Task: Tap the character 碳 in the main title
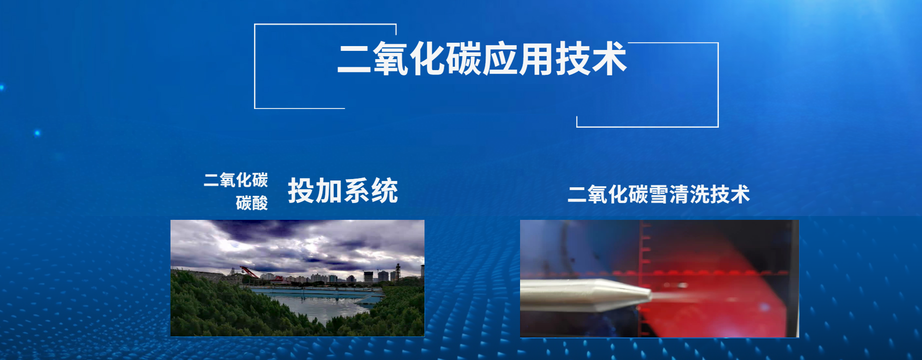(464, 59)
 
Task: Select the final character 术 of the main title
(609, 59)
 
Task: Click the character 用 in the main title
(536, 59)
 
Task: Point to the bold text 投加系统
(343, 191)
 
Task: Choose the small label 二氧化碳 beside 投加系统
(236, 180)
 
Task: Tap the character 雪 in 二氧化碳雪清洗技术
(658, 194)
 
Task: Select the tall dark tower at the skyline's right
(398, 272)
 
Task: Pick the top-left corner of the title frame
(255, 24)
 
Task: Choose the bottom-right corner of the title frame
(718, 127)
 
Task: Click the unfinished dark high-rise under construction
(368, 276)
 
